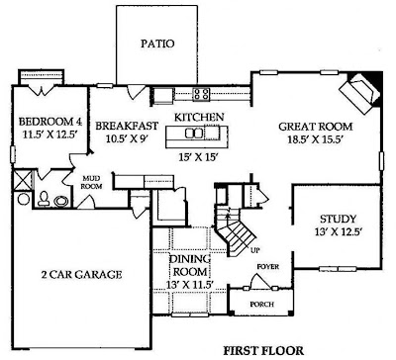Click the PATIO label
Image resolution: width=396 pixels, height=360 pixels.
coord(157,44)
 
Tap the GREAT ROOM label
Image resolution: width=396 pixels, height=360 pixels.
coord(316,127)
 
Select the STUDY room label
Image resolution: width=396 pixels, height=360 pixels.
coord(338,219)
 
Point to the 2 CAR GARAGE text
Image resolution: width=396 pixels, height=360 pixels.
coord(81,274)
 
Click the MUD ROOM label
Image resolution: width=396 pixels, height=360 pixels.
coord(91,182)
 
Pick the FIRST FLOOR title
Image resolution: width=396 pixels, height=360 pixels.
coord(263,351)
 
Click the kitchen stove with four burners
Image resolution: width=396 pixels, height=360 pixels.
coord(201,94)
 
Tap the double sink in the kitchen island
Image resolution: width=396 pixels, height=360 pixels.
coord(194,133)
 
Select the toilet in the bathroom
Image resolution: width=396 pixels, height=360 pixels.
coord(44,199)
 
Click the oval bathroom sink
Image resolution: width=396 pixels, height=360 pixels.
coord(61,201)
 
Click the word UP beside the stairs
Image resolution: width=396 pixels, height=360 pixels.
coord(254,250)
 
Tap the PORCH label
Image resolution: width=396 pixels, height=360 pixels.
coord(261,305)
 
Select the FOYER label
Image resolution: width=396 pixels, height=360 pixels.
coord(268,266)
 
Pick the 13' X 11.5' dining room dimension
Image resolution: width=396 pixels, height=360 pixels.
coord(190,285)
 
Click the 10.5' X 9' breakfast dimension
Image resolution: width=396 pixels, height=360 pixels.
coord(126,138)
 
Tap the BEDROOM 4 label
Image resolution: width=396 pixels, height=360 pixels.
coord(50,122)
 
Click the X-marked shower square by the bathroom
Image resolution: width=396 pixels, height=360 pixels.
coord(23,180)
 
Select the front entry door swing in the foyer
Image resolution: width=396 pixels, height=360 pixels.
coord(260,281)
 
